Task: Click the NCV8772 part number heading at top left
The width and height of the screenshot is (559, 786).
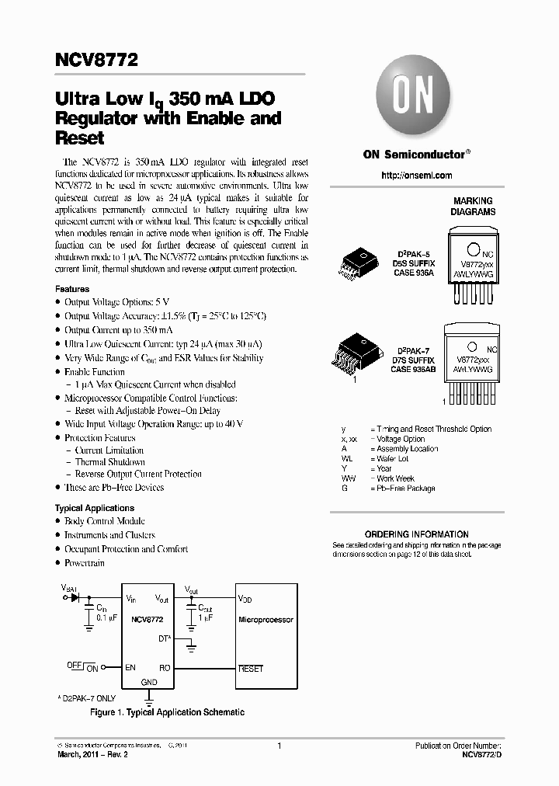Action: coord(95,60)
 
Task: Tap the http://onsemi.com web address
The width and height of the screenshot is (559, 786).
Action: coord(416,176)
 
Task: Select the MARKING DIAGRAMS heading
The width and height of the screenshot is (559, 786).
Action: coord(473,206)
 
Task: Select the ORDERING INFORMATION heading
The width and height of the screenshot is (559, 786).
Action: coord(416,534)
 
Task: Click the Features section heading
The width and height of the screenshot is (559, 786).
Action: coord(72,289)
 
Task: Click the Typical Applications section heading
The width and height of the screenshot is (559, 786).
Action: coord(95,508)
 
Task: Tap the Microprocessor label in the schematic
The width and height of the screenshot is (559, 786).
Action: coord(266,620)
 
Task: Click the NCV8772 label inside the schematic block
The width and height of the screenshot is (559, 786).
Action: coord(148,619)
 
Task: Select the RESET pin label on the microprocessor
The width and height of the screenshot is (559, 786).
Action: coord(251,668)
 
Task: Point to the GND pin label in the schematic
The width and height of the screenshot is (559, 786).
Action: coord(149,682)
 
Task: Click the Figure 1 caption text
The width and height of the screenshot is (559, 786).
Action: coord(167,712)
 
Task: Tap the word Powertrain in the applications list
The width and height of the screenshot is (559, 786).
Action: coord(85,562)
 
